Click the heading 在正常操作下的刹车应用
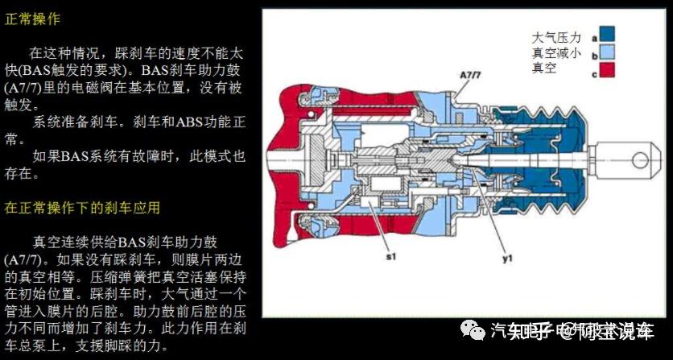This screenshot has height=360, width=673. (x=82, y=208)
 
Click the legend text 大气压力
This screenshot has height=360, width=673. (x=556, y=37)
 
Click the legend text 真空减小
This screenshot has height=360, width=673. (x=556, y=53)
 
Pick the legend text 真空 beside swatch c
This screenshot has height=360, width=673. (x=544, y=69)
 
